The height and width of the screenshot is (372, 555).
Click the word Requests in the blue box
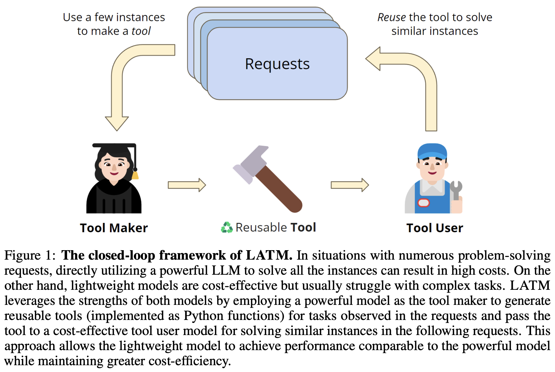[x=277, y=64]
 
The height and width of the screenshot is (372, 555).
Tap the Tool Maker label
[x=114, y=228]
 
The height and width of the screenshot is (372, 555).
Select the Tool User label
[x=434, y=228]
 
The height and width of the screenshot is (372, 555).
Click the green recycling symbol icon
[x=227, y=227]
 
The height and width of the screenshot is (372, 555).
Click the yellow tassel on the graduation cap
[x=135, y=175]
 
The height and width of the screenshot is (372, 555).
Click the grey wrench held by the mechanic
[x=456, y=189]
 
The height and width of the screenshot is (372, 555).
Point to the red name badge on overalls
[x=423, y=203]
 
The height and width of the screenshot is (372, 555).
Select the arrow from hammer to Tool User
[x=350, y=185]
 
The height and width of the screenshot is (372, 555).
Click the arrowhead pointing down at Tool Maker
[x=117, y=123]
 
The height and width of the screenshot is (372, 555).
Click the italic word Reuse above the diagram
[x=392, y=17]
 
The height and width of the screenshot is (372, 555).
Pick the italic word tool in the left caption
[x=141, y=31]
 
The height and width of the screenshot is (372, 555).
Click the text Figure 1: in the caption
[x=30, y=255]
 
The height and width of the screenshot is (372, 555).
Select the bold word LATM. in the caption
[x=269, y=255]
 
